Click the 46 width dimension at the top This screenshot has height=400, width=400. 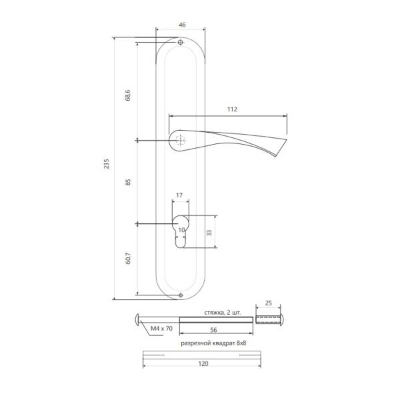[182, 25]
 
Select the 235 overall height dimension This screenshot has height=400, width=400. [107, 164]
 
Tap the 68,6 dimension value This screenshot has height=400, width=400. [128, 95]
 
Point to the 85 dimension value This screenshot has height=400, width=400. [128, 182]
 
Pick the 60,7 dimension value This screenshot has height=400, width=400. [128, 258]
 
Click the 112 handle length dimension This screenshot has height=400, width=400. [232, 109]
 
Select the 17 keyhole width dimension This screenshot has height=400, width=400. [179, 195]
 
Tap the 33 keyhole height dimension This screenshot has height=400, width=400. [209, 233]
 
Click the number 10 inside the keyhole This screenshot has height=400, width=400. [181, 230]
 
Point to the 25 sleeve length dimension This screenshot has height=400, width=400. [269, 303]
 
